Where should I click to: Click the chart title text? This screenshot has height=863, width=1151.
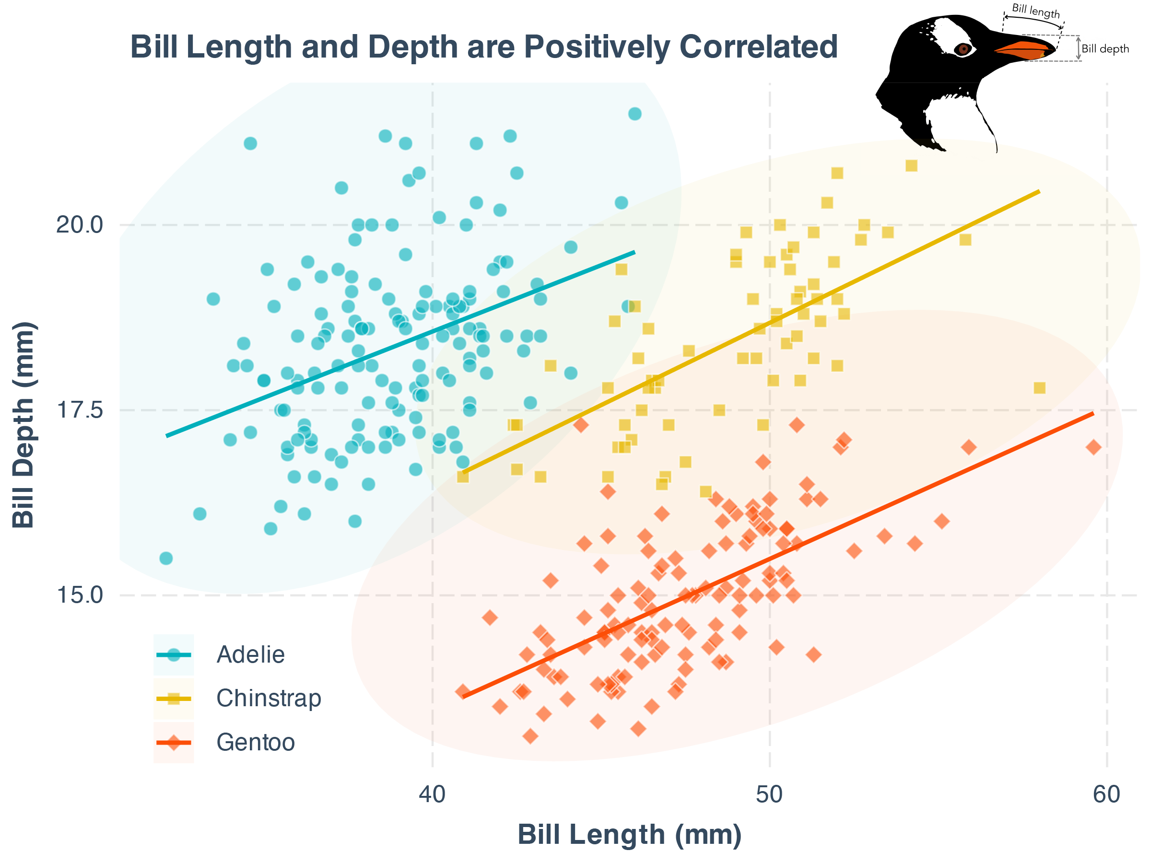483,47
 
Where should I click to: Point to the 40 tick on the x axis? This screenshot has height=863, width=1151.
433,795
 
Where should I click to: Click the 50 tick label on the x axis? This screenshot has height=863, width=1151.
769,795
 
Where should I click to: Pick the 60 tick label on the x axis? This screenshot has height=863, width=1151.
1106,795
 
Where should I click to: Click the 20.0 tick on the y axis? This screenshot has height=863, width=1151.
80,225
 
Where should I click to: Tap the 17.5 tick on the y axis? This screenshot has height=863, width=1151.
80,410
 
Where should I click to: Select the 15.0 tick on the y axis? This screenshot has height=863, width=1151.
80,595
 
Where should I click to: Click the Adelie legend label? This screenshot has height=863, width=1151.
250,654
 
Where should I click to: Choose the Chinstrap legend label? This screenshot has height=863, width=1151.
269,698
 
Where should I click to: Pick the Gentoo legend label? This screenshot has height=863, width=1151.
256,742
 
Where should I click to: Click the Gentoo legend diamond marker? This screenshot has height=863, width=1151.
174,742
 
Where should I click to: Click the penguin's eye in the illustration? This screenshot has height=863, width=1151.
963,49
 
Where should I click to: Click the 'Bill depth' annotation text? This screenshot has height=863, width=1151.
1105,49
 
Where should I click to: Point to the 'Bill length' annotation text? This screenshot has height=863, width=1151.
1035,11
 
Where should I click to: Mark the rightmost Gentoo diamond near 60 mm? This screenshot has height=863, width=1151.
1093,447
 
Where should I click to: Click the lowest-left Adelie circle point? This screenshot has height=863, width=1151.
166,558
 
